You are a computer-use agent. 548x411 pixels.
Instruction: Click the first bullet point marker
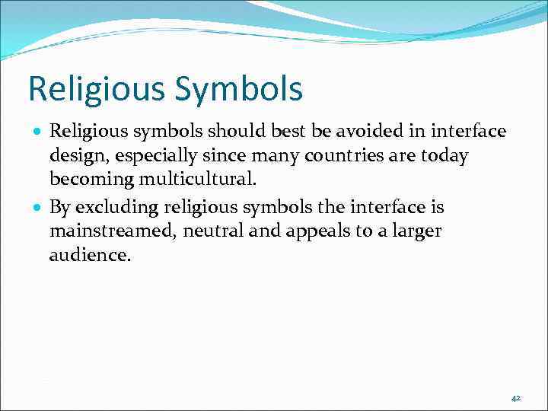click(x=38, y=132)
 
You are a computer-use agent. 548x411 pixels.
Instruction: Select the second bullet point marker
click(x=38, y=208)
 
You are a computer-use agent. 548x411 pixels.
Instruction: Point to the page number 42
click(x=515, y=398)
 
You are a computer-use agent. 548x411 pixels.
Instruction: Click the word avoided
click(x=368, y=132)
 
